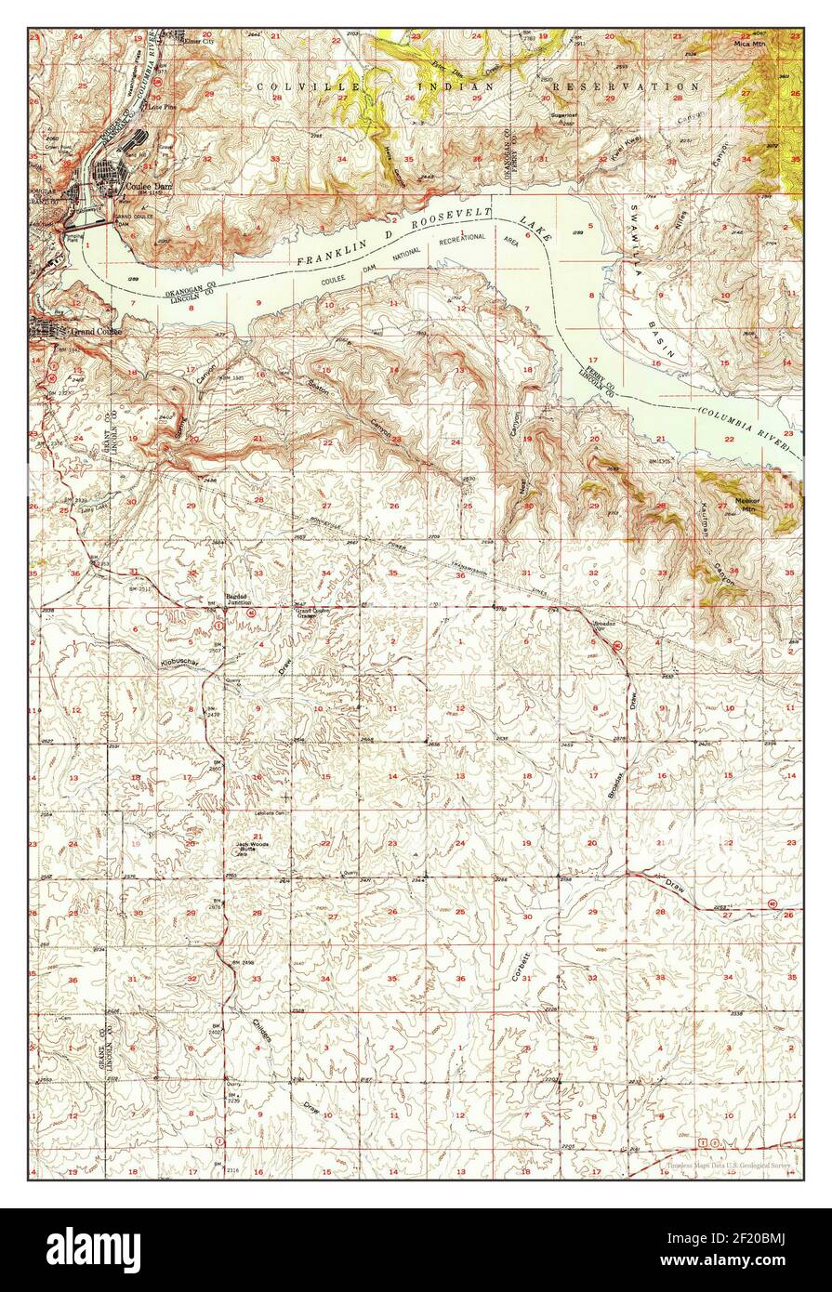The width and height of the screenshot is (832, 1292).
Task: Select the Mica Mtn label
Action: click(746, 43)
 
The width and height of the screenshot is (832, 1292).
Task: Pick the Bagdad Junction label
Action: click(239, 600)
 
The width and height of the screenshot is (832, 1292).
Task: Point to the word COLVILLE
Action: click(293, 86)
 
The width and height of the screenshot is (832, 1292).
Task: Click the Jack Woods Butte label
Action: click(252, 845)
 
